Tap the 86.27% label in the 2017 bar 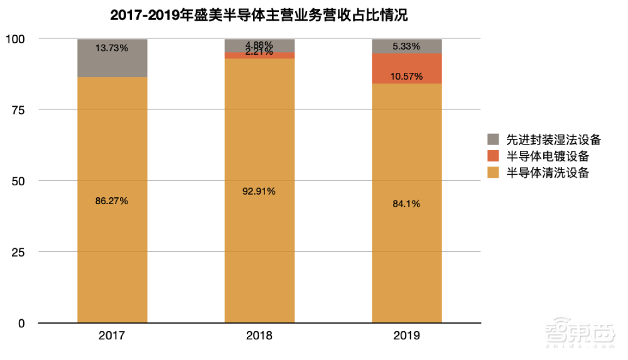[112, 201]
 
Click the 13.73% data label [112, 48]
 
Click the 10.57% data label [406, 77]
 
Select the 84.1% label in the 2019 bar [406, 204]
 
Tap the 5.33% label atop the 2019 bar [406, 46]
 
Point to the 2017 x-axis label [112, 336]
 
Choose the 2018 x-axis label [259, 336]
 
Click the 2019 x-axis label [406, 336]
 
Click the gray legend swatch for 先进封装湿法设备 [494, 139]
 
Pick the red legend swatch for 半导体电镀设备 [494, 156]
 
